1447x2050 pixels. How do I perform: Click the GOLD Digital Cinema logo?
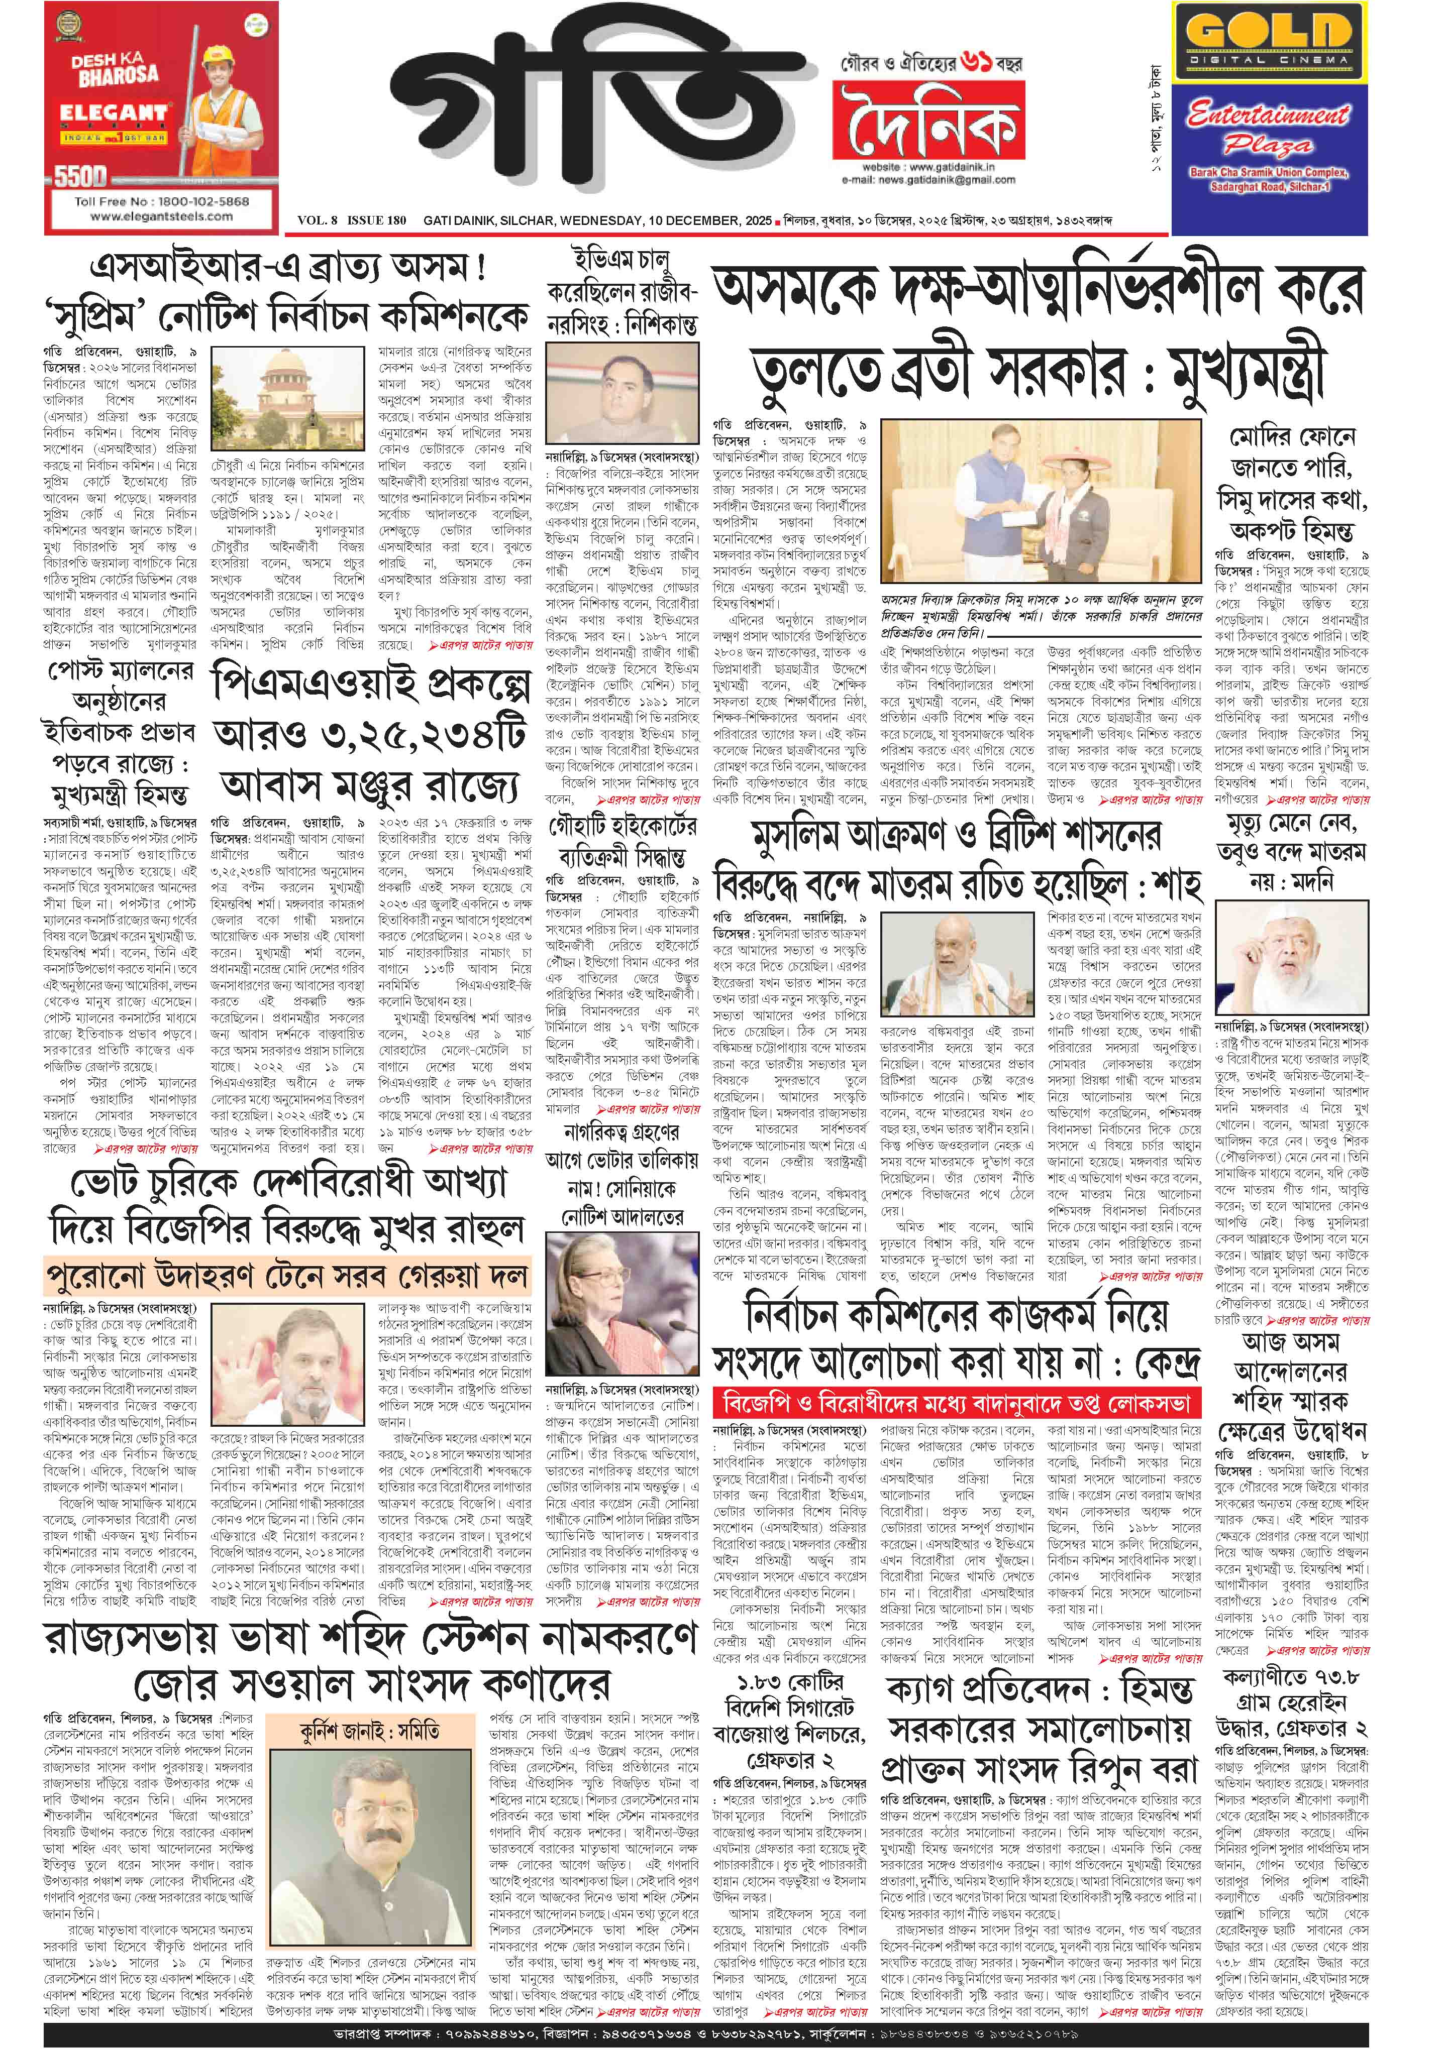point(1268,40)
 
